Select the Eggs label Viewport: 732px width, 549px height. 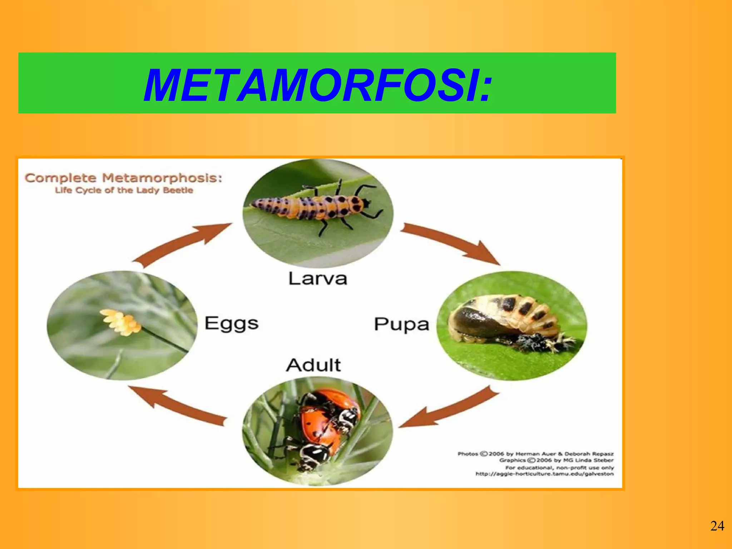point(231,324)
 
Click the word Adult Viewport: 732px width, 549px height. point(313,365)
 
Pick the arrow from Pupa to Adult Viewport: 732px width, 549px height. point(450,409)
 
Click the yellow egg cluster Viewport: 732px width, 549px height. point(120,322)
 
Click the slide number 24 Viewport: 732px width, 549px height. point(717,526)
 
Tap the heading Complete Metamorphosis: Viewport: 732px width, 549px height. point(123,178)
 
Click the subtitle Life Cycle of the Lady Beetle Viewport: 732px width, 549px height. point(124,190)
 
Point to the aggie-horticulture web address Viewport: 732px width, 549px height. point(544,474)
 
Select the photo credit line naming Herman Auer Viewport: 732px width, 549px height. point(535,454)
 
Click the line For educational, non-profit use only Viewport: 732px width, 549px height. point(559,468)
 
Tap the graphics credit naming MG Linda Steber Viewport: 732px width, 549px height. point(556,460)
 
